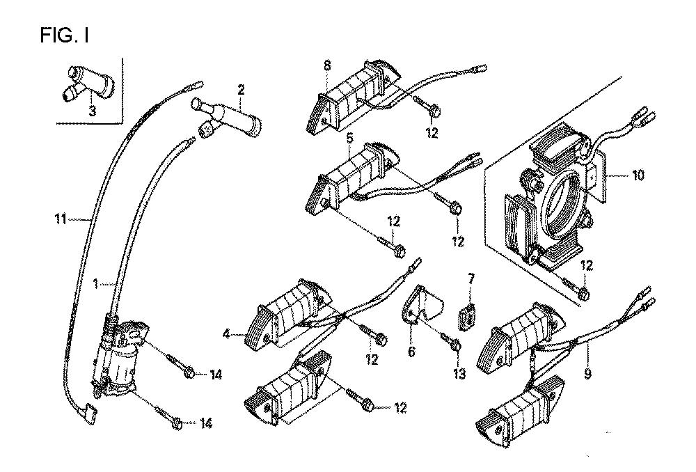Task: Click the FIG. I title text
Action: [x=64, y=35]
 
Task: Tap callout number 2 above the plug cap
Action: [x=241, y=89]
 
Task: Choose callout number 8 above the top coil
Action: [x=327, y=66]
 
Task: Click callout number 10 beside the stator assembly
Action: [x=638, y=175]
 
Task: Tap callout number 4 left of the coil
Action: [x=227, y=335]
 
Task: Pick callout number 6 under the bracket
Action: [x=411, y=352]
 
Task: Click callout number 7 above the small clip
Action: [x=471, y=278]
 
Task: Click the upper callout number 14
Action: [x=215, y=375]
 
